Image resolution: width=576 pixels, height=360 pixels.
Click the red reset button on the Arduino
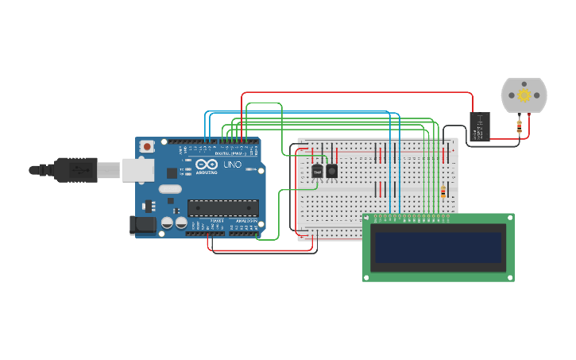pos(147,146)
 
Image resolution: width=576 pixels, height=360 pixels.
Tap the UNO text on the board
pos(233,165)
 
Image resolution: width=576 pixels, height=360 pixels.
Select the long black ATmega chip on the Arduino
pos(222,208)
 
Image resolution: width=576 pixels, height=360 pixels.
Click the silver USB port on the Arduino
pos(138,169)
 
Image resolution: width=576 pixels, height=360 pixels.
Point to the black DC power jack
pos(142,226)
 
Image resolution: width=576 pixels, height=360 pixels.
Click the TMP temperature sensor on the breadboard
pos(318,170)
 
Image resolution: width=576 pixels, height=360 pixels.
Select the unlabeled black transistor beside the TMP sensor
pos(331,170)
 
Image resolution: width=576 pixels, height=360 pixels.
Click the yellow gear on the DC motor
pos(524,95)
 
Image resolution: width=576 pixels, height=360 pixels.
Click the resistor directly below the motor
pos(520,124)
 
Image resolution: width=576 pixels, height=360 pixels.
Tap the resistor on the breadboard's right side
pos(443,192)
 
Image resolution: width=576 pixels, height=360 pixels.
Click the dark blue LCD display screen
pos(439,248)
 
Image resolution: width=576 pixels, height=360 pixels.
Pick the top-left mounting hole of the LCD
pos(367,218)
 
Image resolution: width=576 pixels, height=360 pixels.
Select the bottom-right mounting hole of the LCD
pos(510,277)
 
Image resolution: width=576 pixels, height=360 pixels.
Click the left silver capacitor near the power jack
pos(167,223)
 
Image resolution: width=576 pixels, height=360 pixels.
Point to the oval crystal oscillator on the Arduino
pos(170,189)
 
